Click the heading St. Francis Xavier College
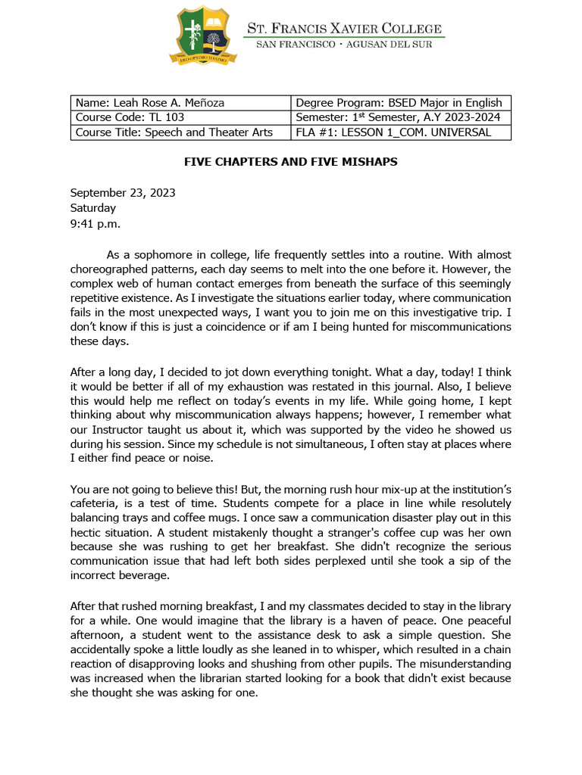pyautogui.click(x=346, y=28)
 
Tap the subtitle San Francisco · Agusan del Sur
pyautogui.click(x=345, y=45)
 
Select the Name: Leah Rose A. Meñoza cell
pyautogui.click(x=180, y=103)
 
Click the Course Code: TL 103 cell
pyautogui.click(x=180, y=117)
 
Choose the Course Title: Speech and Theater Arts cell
pyautogui.click(x=180, y=132)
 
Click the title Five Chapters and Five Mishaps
pyautogui.click(x=291, y=162)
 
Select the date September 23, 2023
pyautogui.click(x=123, y=192)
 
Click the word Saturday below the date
pyautogui.click(x=93, y=207)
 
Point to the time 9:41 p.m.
pyautogui.click(x=95, y=223)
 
